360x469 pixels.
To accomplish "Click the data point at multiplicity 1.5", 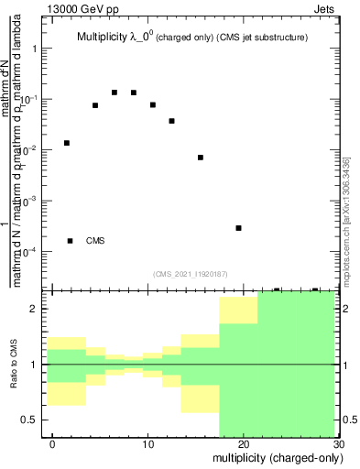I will click(67, 143).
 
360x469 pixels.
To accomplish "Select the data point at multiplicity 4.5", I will click(95, 105).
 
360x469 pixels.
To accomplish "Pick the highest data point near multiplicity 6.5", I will click(115, 93).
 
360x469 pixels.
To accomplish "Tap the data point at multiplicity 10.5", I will click(153, 105).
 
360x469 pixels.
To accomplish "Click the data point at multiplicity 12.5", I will click(171, 121).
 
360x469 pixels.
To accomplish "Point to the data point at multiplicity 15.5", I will click(201, 158).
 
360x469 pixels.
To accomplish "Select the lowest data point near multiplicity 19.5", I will click(238, 228).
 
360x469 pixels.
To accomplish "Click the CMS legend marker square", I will click(71, 241).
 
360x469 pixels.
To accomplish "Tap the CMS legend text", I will click(95, 241).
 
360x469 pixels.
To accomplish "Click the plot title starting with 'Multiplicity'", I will click(191, 38).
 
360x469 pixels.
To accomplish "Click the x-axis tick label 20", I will click(243, 444).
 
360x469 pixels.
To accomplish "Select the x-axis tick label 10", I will click(147, 444).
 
